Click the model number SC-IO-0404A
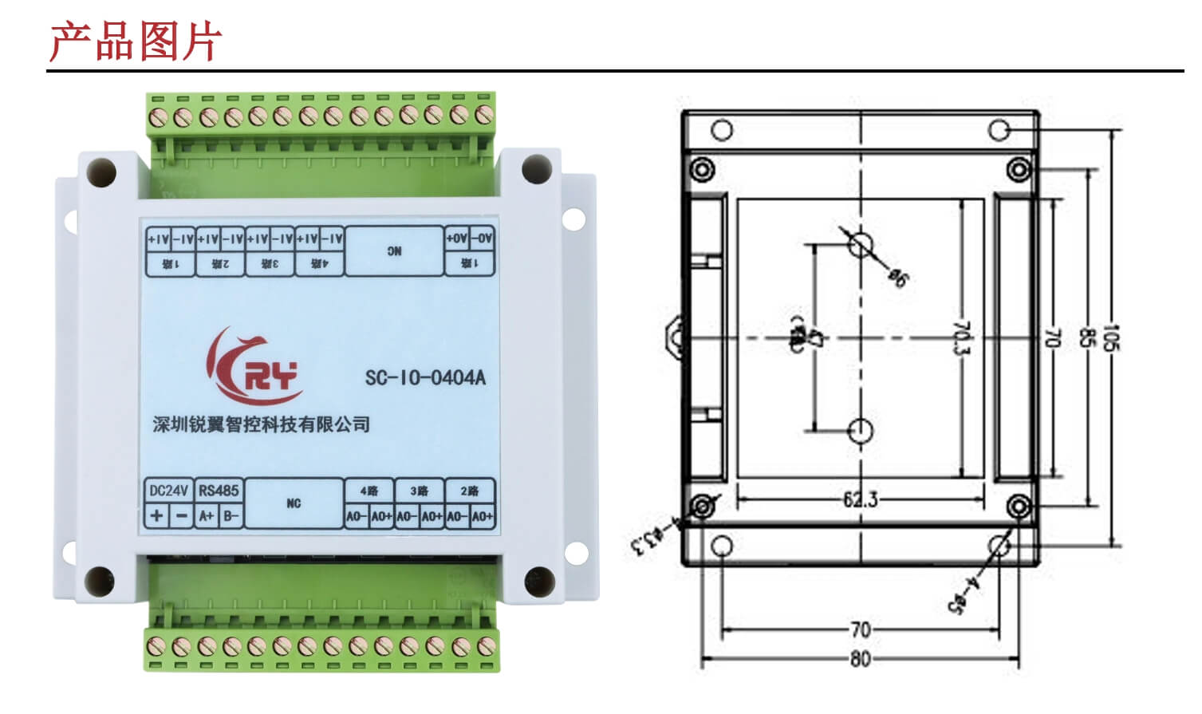click(424, 377)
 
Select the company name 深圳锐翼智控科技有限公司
click(262, 424)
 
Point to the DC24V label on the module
click(168, 491)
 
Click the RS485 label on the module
click(219, 491)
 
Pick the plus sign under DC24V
click(156, 515)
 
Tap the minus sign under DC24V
click(182, 515)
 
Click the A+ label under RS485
click(207, 515)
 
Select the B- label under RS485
click(231, 515)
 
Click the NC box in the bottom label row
click(294, 503)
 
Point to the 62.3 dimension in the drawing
click(860, 499)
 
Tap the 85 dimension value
click(1085, 338)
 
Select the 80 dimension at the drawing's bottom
click(860, 659)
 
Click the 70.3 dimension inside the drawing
click(962, 338)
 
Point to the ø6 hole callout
click(897, 277)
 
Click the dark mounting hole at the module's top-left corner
click(101, 172)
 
